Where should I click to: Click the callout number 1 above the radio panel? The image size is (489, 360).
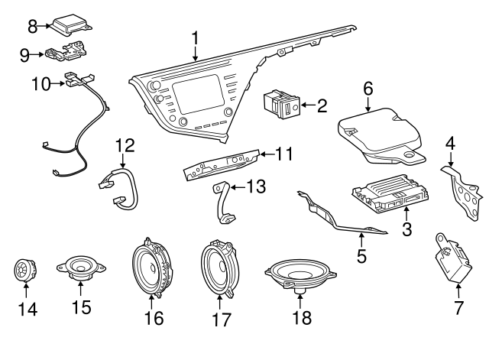coord(196,36)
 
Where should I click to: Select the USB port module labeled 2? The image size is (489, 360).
coord(280,103)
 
